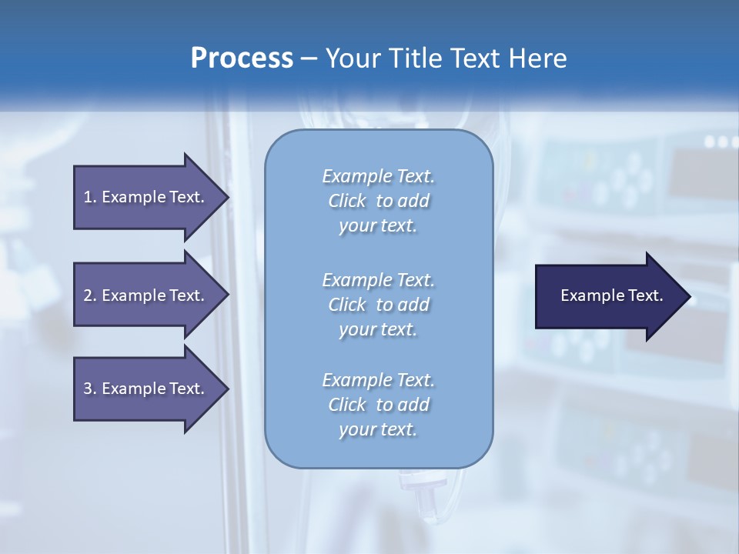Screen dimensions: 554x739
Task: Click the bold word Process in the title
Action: click(241, 58)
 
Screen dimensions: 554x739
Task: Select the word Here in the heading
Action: click(538, 58)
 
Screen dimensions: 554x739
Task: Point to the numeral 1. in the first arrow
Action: click(89, 197)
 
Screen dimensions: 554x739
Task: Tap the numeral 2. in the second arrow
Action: click(89, 295)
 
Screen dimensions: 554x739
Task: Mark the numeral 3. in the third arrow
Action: click(89, 389)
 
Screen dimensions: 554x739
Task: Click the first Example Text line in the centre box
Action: click(378, 176)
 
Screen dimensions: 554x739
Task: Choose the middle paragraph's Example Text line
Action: click(378, 279)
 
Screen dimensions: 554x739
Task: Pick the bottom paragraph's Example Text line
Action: click(378, 380)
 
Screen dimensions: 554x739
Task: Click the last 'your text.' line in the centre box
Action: click(378, 429)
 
